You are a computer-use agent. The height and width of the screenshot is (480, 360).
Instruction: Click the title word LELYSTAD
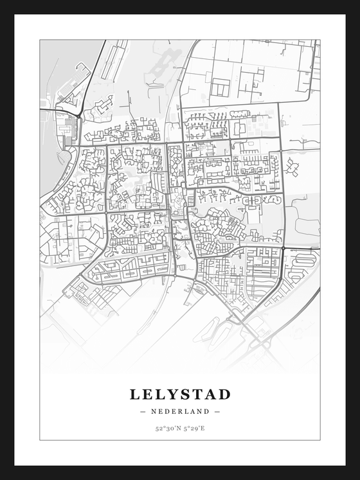[x=180, y=394]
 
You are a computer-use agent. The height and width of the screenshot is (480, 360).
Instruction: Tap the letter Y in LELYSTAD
[x=170, y=394]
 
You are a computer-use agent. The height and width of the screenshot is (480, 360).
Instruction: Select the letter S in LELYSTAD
[x=184, y=394]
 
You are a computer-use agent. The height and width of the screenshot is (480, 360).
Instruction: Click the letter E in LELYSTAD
[x=147, y=394]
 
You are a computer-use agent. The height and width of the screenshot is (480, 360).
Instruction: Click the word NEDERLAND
[x=180, y=411]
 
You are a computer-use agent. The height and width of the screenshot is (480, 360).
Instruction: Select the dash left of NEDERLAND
[x=143, y=411]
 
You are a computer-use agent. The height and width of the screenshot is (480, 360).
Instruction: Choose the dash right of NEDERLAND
[x=217, y=411]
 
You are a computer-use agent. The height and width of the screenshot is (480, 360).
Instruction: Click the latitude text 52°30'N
[x=166, y=428]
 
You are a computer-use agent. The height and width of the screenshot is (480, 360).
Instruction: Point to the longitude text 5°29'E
[x=195, y=428]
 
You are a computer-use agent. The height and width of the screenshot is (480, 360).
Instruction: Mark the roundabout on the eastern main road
[x=301, y=248]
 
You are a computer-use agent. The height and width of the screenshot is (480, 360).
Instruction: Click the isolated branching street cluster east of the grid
[x=292, y=167]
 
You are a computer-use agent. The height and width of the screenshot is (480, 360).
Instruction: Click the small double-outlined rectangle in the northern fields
[x=221, y=87]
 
